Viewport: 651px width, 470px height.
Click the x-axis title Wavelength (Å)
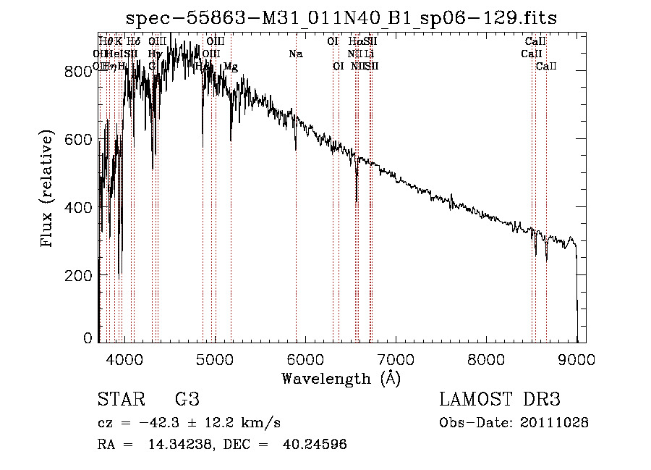[341, 379]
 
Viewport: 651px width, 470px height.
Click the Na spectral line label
[295, 54]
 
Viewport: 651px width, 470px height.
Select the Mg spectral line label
[230, 66]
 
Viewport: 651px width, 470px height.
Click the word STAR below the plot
[117, 400]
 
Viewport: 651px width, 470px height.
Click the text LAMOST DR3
[500, 400]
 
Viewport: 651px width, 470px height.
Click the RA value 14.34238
[163, 445]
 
